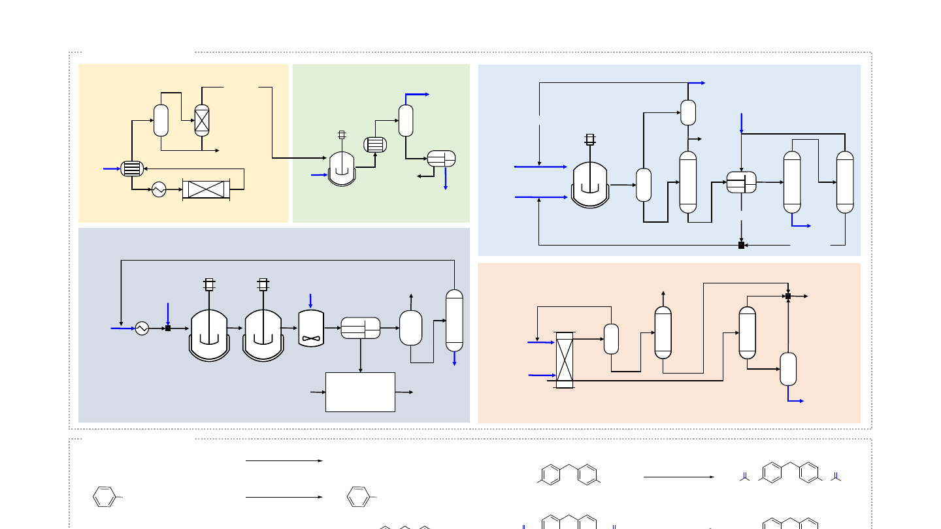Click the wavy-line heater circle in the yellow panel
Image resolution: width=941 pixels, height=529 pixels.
click(x=159, y=189)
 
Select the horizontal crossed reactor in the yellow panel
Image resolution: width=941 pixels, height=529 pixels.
click(x=206, y=189)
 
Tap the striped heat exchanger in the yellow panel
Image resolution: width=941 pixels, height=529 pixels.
click(x=132, y=168)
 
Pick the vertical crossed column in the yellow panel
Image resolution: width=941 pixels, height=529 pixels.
click(x=202, y=120)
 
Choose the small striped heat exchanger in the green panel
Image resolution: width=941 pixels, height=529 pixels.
click(x=375, y=145)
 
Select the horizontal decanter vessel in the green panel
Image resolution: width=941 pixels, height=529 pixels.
click(x=441, y=159)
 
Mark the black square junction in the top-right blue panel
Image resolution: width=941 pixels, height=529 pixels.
click(x=741, y=245)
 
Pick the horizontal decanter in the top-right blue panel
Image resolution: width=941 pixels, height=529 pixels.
click(x=742, y=182)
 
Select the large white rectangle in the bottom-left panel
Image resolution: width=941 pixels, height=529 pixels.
click(x=360, y=392)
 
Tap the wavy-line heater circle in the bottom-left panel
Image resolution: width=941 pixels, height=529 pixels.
click(x=142, y=329)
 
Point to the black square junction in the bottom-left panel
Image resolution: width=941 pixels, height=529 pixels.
click(x=168, y=328)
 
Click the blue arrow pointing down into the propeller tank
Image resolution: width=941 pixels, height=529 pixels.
click(x=310, y=300)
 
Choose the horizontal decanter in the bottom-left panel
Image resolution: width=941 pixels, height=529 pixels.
click(x=361, y=328)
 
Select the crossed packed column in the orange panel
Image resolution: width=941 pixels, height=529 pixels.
click(x=563, y=360)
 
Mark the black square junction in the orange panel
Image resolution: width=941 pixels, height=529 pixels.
click(x=788, y=297)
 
